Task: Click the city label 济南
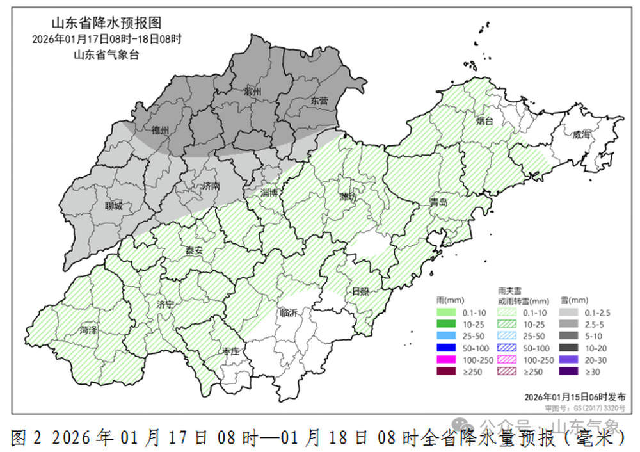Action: pyautogui.click(x=211, y=186)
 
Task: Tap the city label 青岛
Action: pyautogui.click(x=438, y=203)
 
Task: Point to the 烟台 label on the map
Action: pyautogui.click(x=484, y=120)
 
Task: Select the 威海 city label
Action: pyautogui.click(x=582, y=135)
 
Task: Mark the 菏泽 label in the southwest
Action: pyautogui.click(x=88, y=330)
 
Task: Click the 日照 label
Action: pyautogui.click(x=360, y=291)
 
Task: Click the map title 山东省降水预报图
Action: pyautogui.click(x=106, y=24)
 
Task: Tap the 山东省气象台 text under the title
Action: pyautogui.click(x=106, y=54)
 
